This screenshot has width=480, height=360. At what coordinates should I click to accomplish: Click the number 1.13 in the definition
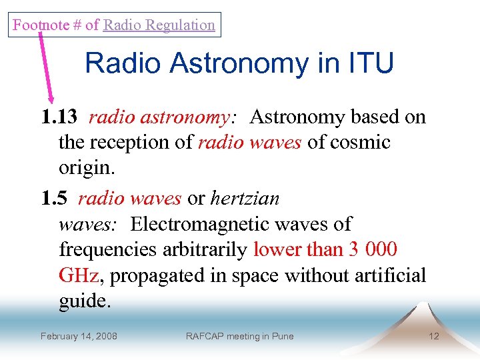point(60,118)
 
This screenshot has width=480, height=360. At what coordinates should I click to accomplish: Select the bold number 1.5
point(55,199)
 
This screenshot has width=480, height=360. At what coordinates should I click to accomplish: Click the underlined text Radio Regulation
point(159,25)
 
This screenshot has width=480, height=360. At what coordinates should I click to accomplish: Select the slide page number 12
point(434,336)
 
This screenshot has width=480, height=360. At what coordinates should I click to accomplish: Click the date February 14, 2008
point(79,336)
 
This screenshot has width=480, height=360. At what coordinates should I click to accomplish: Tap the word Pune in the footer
point(283,336)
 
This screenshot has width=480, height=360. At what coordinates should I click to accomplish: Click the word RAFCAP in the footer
point(205,336)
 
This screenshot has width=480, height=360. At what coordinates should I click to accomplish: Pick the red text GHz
point(79,275)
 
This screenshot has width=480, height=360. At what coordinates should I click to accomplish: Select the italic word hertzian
point(245,199)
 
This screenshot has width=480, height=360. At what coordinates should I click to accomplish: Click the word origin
point(86,168)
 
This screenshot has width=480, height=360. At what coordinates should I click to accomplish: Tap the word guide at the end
point(83,301)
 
